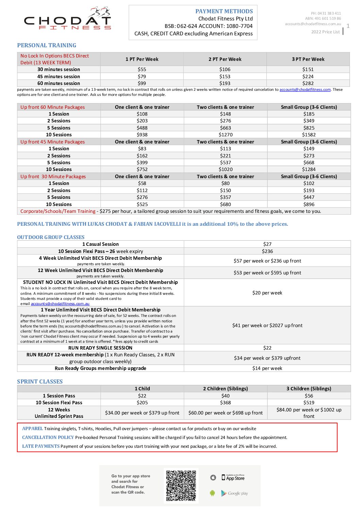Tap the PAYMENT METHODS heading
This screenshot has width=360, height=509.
(x=224, y=11)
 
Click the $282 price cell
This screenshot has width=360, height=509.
(x=308, y=83)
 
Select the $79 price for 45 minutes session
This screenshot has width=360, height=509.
(x=142, y=77)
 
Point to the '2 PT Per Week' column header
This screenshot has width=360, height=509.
(x=225, y=59)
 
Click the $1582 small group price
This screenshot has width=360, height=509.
(x=309, y=135)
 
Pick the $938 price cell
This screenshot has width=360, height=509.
(x=142, y=135)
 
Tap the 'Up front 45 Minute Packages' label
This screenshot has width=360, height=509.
(x=52, y=142)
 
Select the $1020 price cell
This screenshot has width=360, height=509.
(x=225, y=169)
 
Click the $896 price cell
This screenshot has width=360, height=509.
(x=309, y=204)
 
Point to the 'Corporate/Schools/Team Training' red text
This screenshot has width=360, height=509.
(x=58, y=211)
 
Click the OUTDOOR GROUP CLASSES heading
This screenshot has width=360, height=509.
(x=51, y=237)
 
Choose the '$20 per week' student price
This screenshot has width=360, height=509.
(x=267, y=293)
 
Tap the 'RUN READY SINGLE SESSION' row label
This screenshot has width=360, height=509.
(x=100, y=348)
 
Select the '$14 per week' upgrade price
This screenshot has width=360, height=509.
(x=267, y=368)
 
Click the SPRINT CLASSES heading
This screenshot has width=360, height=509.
(x=40, y=381)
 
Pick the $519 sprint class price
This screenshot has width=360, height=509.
(x=309, y=403)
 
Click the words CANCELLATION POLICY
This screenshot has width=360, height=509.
(x=48, y=437)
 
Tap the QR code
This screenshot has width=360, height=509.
(x=181, y=486)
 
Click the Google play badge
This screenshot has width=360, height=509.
(x=234, y=493)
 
